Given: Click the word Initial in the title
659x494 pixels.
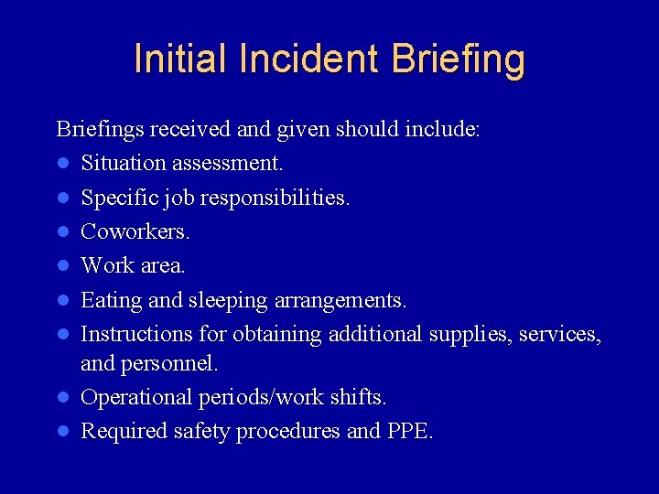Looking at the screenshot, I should tap(181, 59).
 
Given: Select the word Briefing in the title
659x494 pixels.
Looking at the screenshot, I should tap(459, 59).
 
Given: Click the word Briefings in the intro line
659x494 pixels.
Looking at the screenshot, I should tap(99, 129).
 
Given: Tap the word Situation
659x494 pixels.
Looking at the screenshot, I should tap(122, 163).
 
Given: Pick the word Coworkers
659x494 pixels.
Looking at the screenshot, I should tap(135, 231).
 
